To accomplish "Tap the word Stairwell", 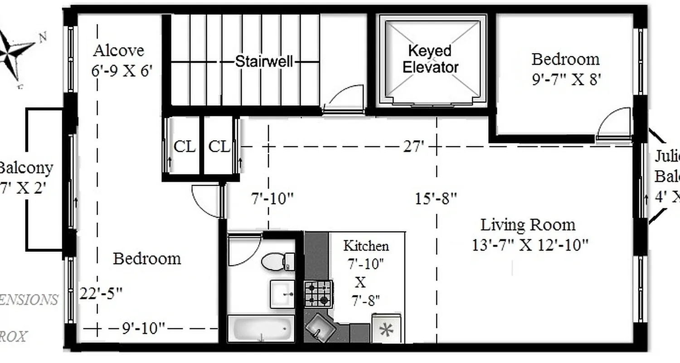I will pos(264,62).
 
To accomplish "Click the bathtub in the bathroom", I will pos(260,328).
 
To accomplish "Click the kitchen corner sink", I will pos(320,326).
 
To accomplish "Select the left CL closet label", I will pos(185,147).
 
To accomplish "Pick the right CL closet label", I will pos(219,147).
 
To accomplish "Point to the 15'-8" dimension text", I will pos(436,198).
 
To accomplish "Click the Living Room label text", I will pos(528,225).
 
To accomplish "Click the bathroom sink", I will pos(283,294).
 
